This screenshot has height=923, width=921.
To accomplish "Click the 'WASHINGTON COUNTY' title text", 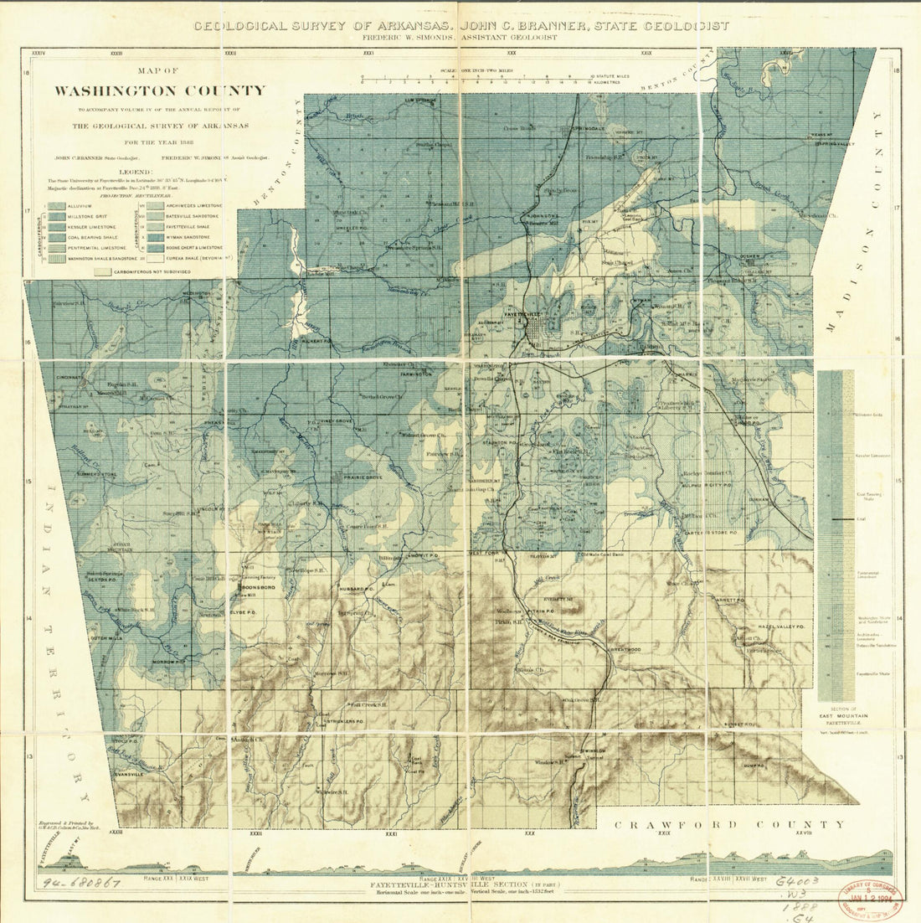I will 160,91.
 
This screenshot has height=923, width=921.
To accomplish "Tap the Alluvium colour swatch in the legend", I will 58,205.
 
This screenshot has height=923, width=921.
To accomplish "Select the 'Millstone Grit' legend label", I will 89,216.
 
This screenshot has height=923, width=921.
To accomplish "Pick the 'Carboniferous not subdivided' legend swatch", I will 103,272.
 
